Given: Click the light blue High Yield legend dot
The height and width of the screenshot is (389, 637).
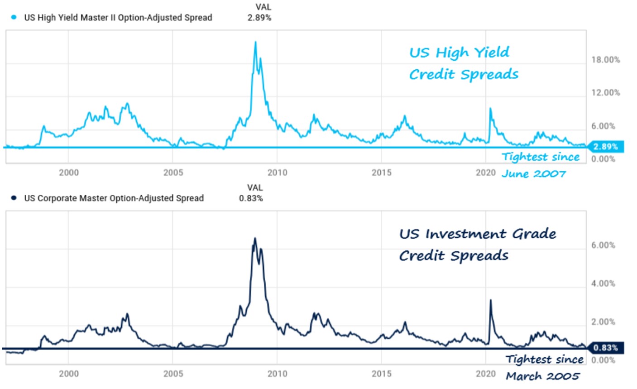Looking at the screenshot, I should (14, 18).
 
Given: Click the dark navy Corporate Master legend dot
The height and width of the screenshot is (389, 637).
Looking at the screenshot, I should (14, 198).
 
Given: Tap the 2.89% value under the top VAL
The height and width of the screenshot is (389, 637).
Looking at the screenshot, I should (259, 18).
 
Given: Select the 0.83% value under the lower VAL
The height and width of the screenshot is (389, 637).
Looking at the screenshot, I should (251, 198).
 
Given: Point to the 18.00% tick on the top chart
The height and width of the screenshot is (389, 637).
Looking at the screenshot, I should (606, 60).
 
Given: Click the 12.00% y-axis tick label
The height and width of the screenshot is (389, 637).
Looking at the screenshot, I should (606, 93).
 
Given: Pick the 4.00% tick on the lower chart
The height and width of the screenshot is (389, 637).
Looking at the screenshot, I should (603, 283).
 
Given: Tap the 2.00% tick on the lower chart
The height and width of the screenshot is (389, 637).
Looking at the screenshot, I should (603, 322).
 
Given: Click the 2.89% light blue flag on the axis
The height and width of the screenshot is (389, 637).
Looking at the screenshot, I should (605, 147).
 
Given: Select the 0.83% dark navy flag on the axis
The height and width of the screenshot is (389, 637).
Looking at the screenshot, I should (605, 348).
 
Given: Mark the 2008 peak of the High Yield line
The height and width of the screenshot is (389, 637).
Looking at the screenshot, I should (256, 42).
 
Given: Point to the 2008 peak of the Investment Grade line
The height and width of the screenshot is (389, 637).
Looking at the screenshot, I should (255, 238).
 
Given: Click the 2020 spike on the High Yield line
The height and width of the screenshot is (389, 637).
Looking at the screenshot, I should (490, 108).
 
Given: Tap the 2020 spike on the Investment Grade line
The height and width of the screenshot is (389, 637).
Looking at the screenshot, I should (490, 300).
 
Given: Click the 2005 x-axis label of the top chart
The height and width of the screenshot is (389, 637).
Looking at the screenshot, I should (173, 173).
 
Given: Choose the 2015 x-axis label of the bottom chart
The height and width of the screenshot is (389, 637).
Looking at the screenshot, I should (382, 374).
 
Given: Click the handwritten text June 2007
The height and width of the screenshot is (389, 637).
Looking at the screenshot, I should (533, 174).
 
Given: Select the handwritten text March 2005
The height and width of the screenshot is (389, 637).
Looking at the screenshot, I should (543, 376).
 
